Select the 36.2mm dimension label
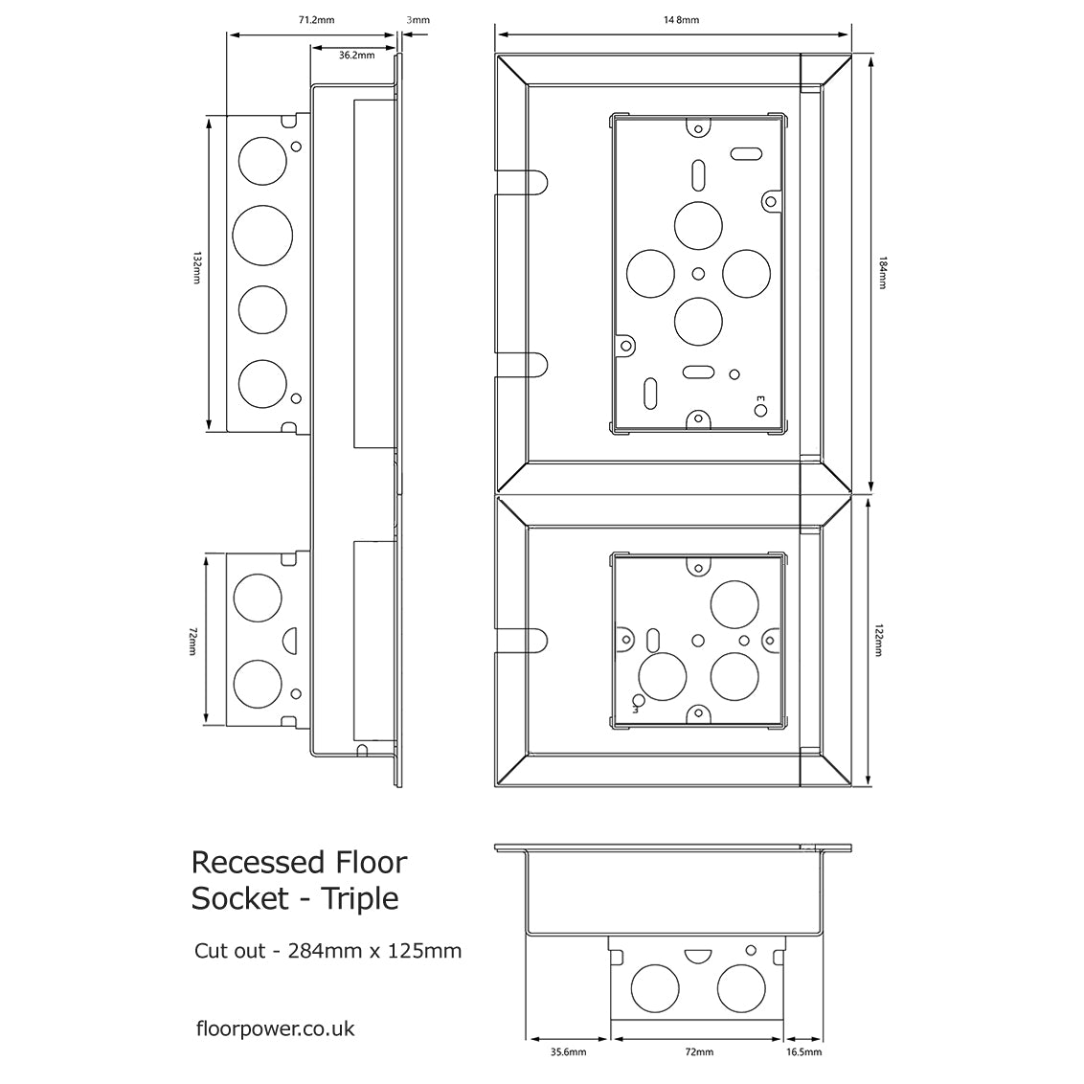pyautogui.click(x=356, y=56)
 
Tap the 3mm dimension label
pyautogui.click(x=418, y=18)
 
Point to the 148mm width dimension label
pyautogui.click(x=681, y=19)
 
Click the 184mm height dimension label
pyautogui.click(x=882, y=274)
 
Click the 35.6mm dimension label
pyautogui.click(x=568, y=1052)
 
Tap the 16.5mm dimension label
pyautogui.click(x=803, y=1052)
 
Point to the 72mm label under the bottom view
pyautogui.click(x=699, y=1052)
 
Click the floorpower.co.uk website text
pyautogui.click(x=275, y=1028)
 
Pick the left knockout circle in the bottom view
pyautogui.click(x=655, y=987)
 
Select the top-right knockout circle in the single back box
pyautogui.click(x=735, y=605)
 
